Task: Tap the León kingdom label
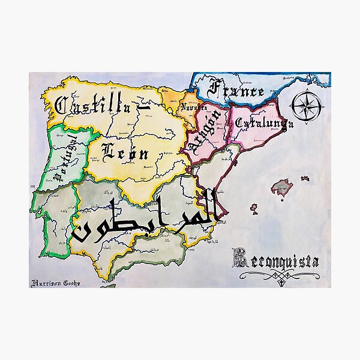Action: pyautogui.click(x=125, y=152)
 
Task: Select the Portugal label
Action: pyautogui.click(x=65, y=158)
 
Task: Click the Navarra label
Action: pyautogui.click(x=194, y=107)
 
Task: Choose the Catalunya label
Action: pyautogui.click(x=264, y=124)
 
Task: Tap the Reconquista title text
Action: pyautogui.click(x=276, y=260)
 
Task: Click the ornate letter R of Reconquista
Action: pyautogui.click(x=239, y=259)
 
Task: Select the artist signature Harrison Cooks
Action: pyautogui.click(x=55, y=283)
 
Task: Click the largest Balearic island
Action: pyautogui.click(x=282, y=188)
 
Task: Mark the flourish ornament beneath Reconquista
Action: pyautogui.click(x=278, y=275)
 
